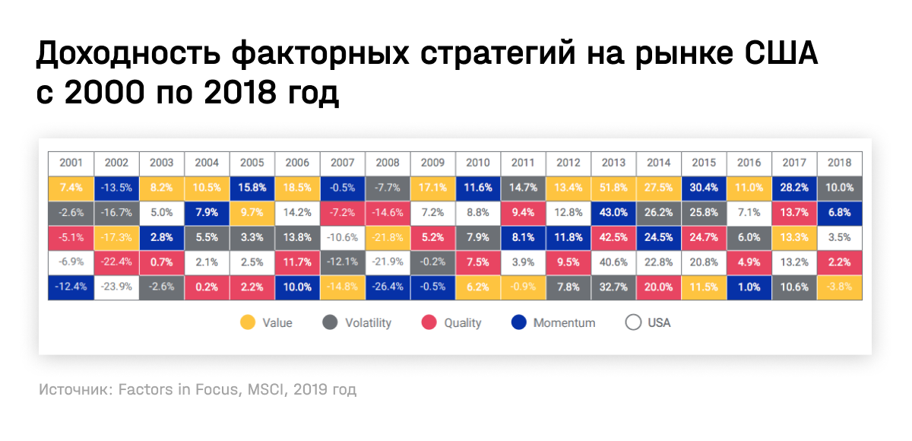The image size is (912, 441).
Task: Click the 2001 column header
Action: coord(71,163)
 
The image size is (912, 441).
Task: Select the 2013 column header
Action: coord(613,163)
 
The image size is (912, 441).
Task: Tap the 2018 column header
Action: coord(840,163)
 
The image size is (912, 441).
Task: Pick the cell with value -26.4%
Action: coord(388,287)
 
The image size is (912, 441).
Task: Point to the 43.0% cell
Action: coord(613,213)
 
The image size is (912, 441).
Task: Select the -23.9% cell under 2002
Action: coord(116,287)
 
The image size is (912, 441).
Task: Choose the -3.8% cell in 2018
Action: coord(840,287)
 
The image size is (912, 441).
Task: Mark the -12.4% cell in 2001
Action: coord(71,287)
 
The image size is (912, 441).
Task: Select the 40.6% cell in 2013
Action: coord(613,262)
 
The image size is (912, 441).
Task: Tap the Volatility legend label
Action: coord(368,322)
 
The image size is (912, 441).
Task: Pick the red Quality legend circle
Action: coord(428,322)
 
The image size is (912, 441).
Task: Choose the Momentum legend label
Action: coord(564,322)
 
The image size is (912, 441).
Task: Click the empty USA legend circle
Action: coord(633,322)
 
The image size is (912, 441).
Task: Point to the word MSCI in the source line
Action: coord(268,390)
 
